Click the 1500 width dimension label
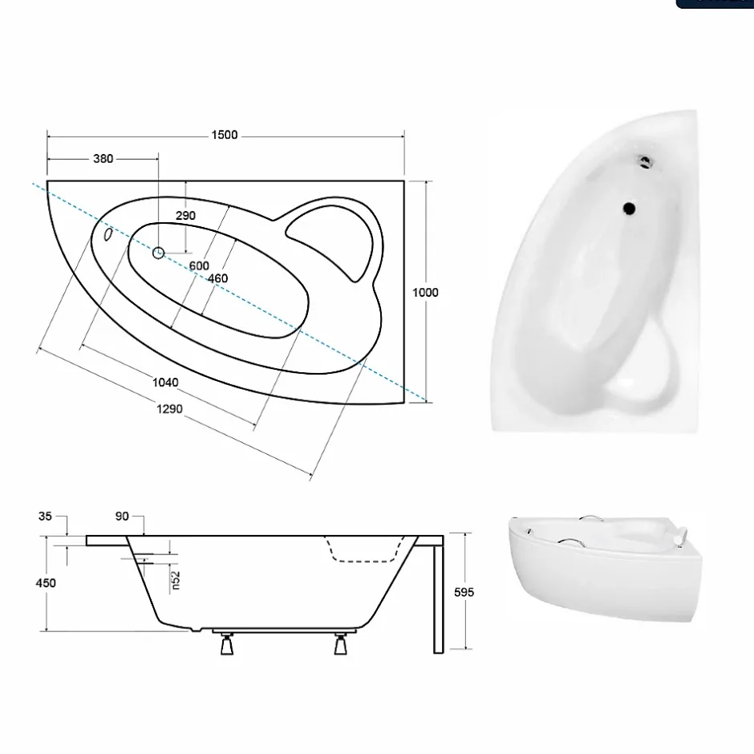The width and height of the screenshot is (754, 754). pos(225,135)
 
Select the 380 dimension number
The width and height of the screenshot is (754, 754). pos(103,159)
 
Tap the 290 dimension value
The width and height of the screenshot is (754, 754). pos(185,216)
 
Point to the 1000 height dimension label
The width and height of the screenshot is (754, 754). pos(425,292)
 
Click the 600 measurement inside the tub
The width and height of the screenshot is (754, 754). pos(199,266)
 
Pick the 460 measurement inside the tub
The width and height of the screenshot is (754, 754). pos(218,278)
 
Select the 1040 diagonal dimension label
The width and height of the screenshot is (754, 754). pos(165,383)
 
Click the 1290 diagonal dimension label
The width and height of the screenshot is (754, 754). pos(169,409)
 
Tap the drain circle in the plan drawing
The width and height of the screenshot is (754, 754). pos(158,253)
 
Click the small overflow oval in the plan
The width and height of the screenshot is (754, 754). pos(108,234)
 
